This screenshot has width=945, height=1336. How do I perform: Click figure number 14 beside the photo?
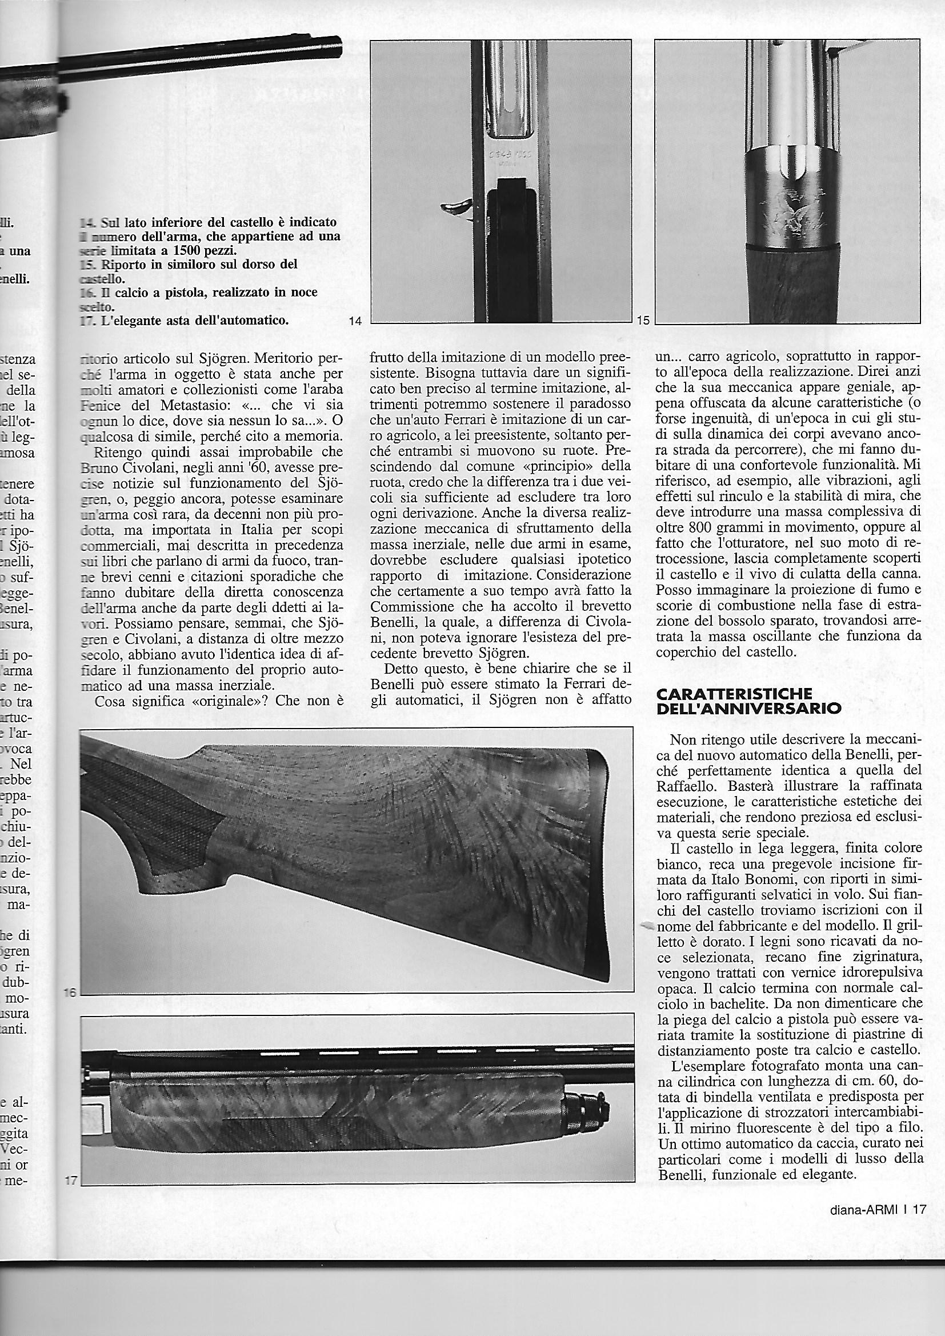tap(355, 321)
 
